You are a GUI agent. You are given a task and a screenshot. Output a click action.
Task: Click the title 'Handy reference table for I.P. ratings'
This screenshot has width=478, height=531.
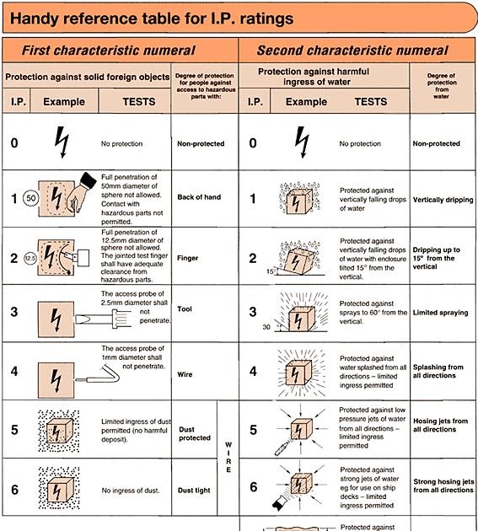152,18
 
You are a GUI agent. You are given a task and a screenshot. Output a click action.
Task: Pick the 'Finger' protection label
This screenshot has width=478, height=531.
189,258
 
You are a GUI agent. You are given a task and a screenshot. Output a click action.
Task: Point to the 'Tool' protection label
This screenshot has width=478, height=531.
185,309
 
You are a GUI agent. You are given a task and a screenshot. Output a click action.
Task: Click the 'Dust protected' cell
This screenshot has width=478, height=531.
195,433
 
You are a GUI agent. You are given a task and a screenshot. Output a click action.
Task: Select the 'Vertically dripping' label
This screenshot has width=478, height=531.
443,200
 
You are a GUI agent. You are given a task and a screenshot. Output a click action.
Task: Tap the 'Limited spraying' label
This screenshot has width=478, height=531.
440,313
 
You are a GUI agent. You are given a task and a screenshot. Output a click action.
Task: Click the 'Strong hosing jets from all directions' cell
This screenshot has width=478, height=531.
443,485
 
